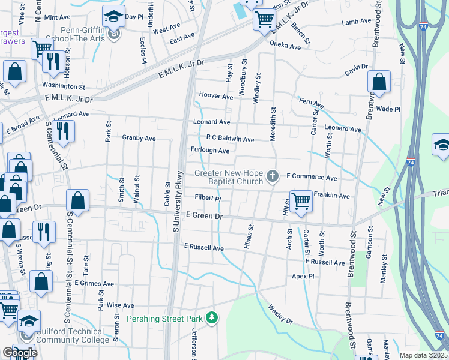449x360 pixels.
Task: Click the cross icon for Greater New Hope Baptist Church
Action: pyautogui.click(x=273, y=176)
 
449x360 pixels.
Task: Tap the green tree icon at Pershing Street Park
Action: pyautogui.click(x=211, y=317)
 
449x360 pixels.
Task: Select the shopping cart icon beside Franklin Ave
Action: pyautogui.click(x=300, y=202)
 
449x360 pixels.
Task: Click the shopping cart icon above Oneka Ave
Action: pyautogui.click(x=264, y=19)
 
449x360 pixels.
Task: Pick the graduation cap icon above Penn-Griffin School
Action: pyautogui.click(x=113, y=16)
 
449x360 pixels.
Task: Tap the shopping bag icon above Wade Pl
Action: pyautogui.click(x=379, y=82)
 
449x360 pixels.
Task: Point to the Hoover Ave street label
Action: pyautogui.click(x=215, y=96)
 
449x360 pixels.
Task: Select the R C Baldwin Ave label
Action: pyautogui.click(x=230, y=139)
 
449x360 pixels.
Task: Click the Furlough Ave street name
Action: pyautogui.click(x=210, y=151)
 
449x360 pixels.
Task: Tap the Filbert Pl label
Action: pyautogui.click(x=208, y=197)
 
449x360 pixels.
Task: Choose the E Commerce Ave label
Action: pyautogui.click(x=312, y=177)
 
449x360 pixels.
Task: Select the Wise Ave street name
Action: pyautogui.click(x=120, y=305)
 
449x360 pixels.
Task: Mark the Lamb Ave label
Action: pyautogui.click(x=357, y=22)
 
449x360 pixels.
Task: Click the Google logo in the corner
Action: pyautogui.click(x=19, y=352)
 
